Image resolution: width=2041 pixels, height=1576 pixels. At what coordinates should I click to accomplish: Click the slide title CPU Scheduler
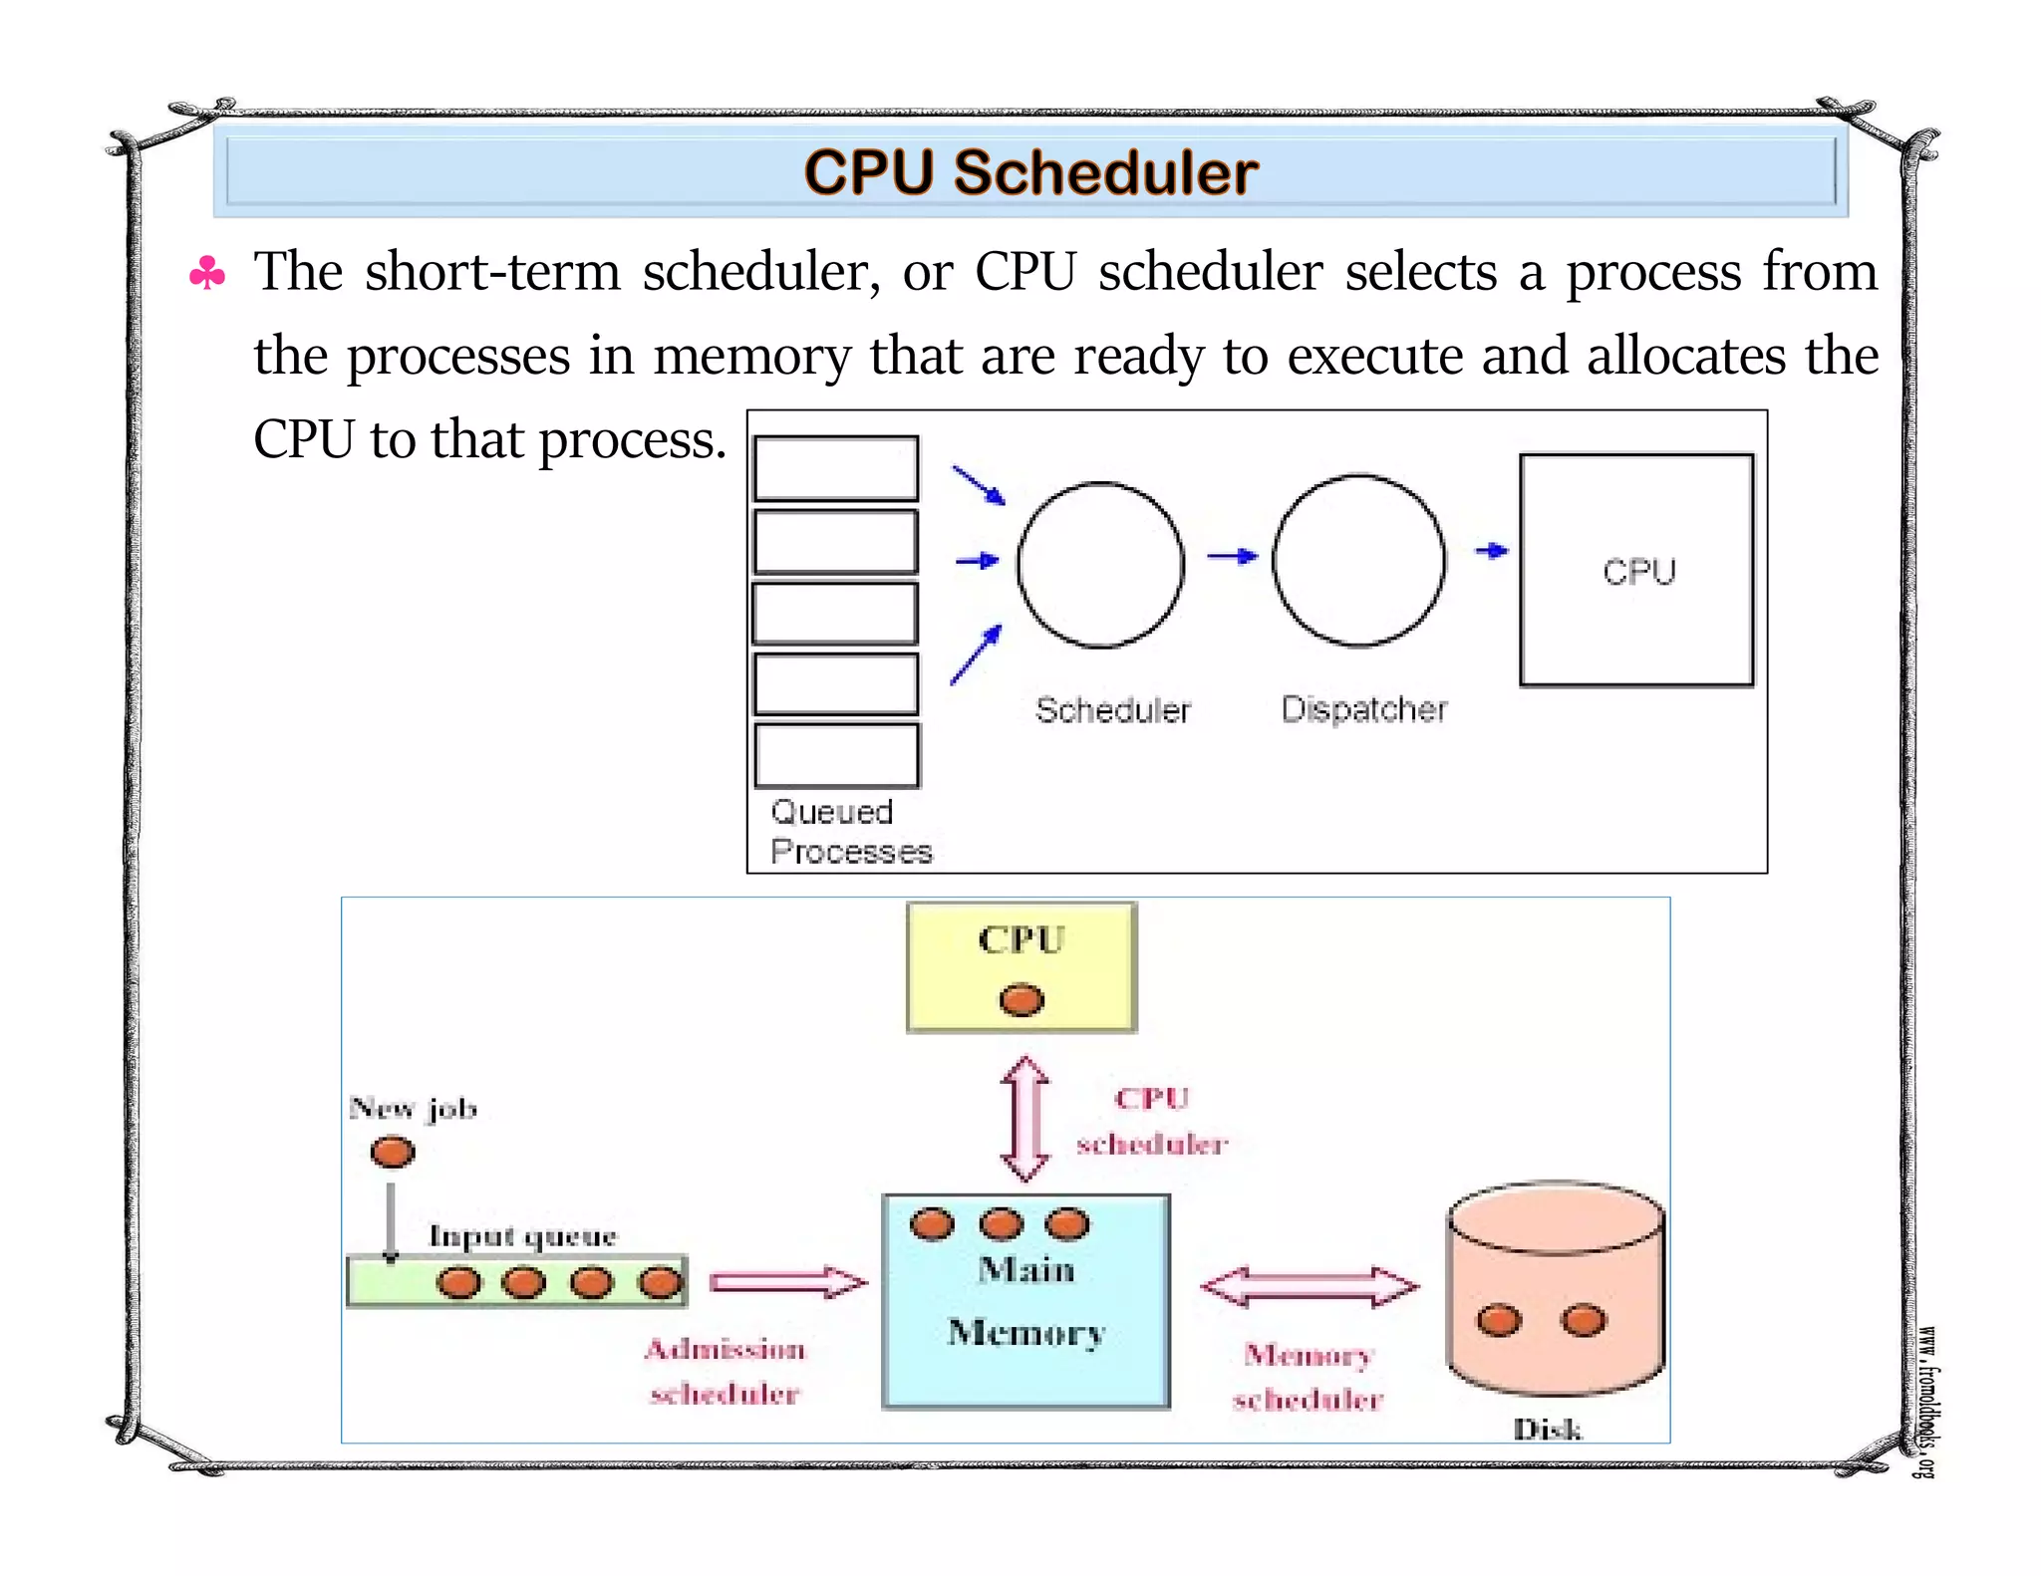coord(1030,172)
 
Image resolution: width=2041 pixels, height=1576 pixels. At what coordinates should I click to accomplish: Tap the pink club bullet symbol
coord(207,273)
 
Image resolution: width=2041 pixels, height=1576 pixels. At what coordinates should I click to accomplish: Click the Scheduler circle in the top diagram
coord(1100,565)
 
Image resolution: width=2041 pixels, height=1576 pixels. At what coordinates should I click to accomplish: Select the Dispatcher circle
coord(1358,560)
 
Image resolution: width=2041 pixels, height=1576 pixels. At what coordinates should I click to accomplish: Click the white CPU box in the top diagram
coord(1636,570)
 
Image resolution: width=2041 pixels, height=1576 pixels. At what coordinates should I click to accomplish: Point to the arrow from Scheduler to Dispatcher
coord(1232,556)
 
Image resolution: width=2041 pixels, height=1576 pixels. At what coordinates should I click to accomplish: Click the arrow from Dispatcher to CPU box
coord(1491,550)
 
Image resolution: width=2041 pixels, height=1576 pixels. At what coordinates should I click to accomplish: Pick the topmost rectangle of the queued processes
coord(835,467)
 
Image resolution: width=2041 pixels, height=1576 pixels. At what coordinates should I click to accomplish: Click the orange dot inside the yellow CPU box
coord(1021,999)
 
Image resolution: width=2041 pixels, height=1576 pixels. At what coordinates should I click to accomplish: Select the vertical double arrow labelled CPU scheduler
coord(1024,1118)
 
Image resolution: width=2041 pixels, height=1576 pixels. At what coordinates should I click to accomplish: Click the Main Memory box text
coord(1026,1301)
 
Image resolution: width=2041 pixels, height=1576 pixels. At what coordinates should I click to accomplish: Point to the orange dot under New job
coord(392,1152)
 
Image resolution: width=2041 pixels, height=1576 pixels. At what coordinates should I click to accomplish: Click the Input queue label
coord(522,1236)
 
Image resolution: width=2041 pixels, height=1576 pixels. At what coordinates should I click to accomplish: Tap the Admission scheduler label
coord(725,1371)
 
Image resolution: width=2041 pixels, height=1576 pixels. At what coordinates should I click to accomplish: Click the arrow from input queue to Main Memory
coord(787,1282)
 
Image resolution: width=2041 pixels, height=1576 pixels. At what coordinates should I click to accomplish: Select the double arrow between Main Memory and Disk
coord(1309,1286)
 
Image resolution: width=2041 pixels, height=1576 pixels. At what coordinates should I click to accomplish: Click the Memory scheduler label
coord(1309,1377)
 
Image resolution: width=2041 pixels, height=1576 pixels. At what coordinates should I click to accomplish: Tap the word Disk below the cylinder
coord(1547,1430)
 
